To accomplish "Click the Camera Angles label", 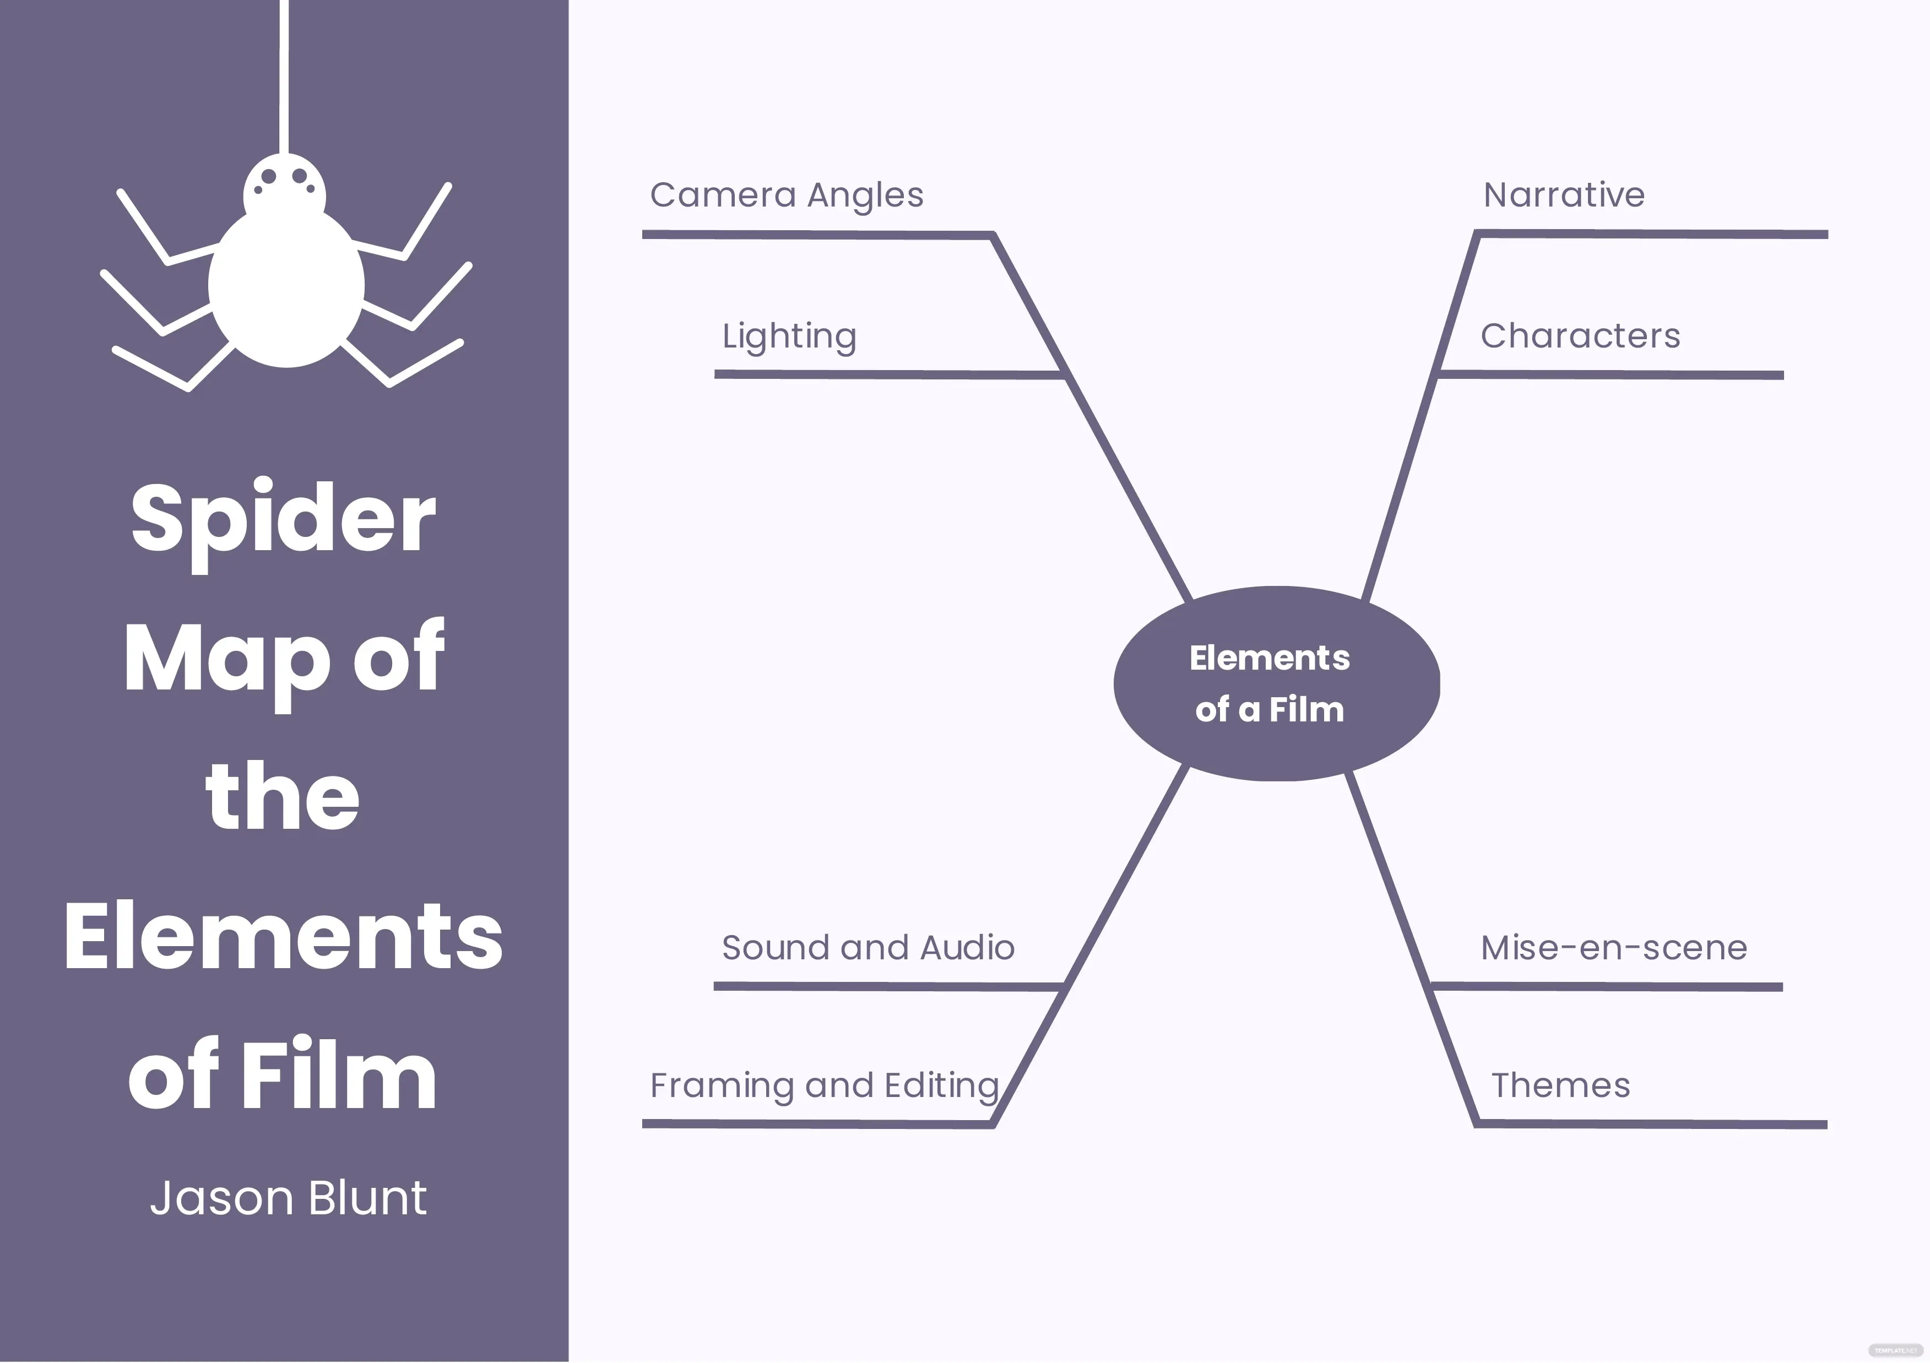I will (787, 195).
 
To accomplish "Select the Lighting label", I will (789, 336).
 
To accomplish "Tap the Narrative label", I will (1564, 195).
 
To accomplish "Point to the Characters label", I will (1580, 336).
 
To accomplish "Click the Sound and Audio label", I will (868, 948).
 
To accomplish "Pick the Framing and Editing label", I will (824, 1085).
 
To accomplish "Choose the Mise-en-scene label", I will (1614, 948).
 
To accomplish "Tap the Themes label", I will (1560, 1085).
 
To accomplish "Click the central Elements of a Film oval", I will (1276, 683).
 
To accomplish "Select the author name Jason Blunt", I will (288, 1198).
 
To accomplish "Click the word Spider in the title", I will (283, 519).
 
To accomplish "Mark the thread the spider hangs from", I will (284, 75).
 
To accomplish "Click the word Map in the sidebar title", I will (227, 658).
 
